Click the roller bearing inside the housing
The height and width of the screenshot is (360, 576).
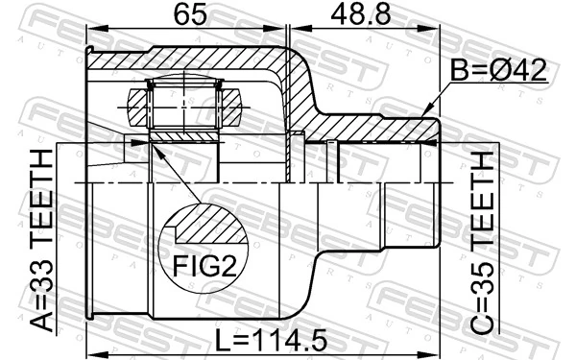coord(186,101)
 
